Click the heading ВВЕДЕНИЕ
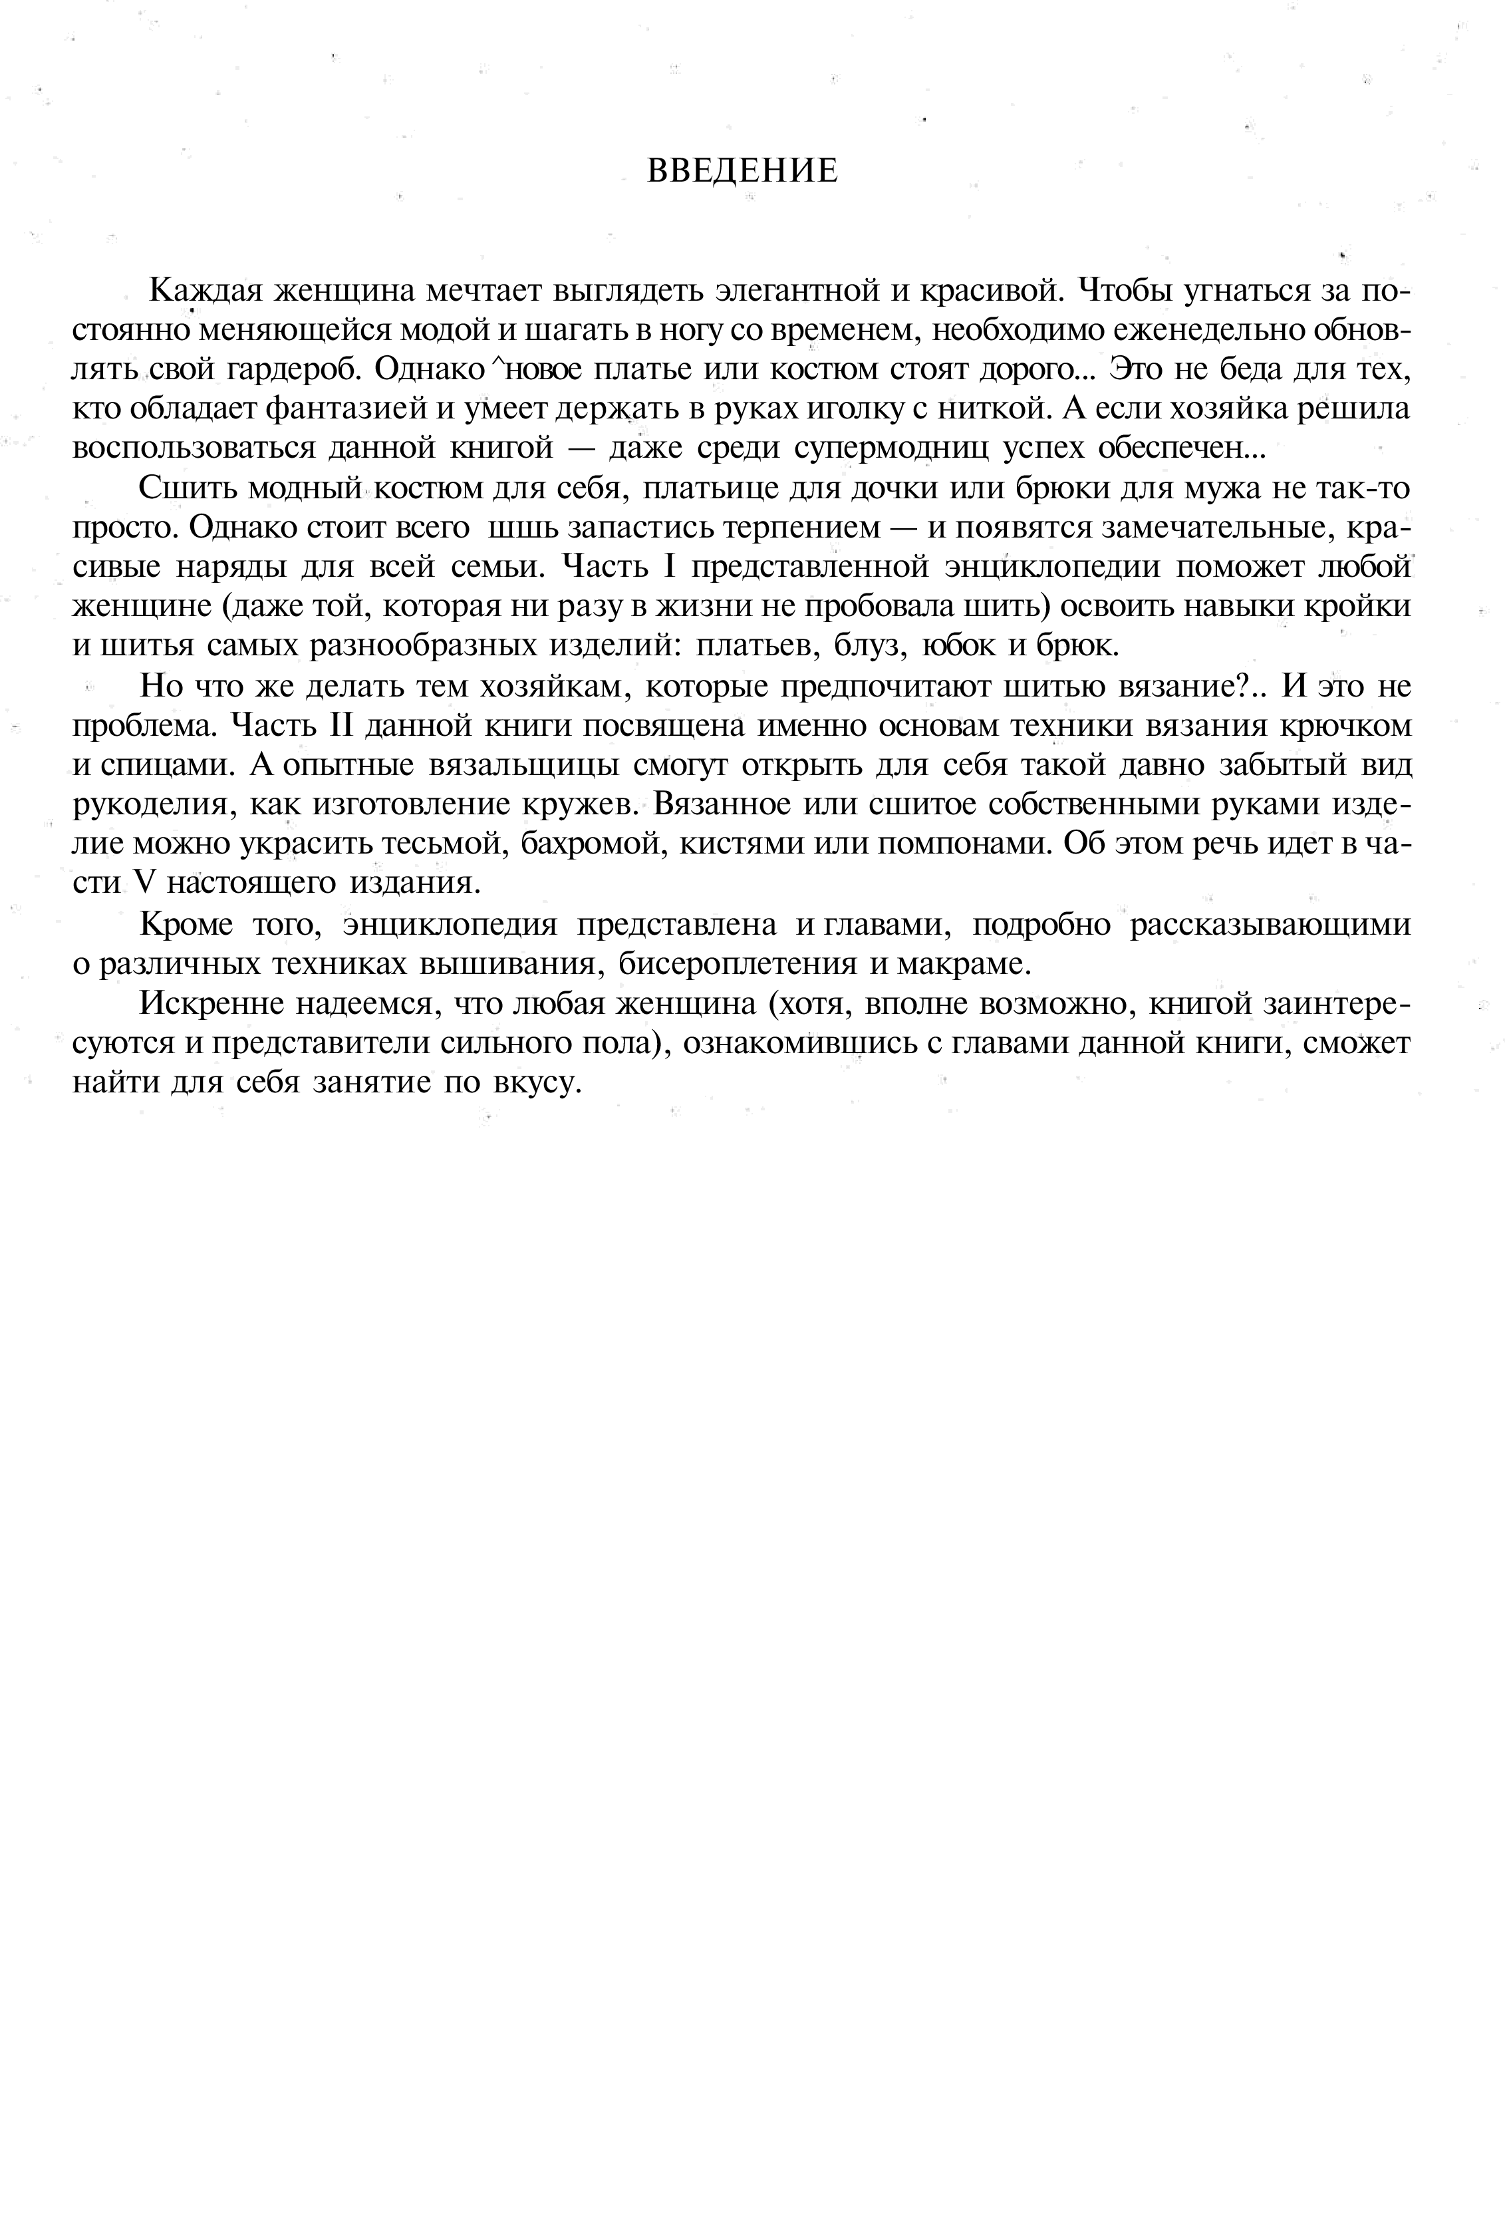coord(742,171)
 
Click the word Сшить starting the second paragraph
coord(188,489)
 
